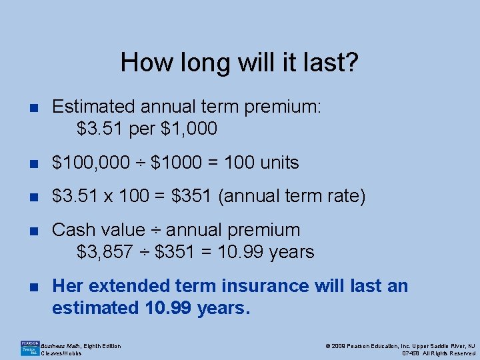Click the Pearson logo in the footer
(29, 347)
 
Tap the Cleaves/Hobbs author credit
(61, 353)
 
